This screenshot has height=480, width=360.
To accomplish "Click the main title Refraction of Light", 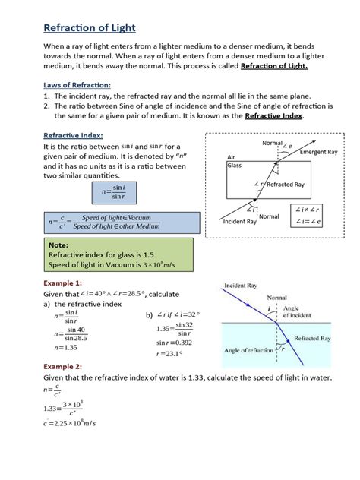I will (x=90, y=28).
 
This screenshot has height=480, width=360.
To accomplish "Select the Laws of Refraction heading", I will (x=77, y=85).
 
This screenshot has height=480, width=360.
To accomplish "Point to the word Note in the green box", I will (x=58, y=246).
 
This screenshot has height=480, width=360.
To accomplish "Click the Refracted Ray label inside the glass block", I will (x=285, y=185).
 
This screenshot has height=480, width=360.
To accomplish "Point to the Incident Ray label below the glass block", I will (x=241, y=222).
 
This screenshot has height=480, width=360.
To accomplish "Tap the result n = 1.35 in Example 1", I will (x=67, y=347).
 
